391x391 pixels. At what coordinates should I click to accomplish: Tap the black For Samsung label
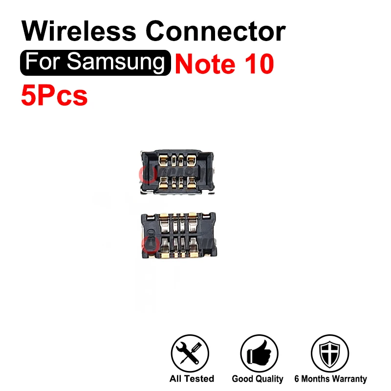(x=95, y=64)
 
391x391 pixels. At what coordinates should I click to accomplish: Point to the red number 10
(x=257, y=65)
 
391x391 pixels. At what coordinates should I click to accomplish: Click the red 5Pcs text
(x=54, y=95)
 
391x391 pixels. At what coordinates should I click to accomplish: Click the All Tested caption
(x=192, y=379)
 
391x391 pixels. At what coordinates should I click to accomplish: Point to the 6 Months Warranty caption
(x=330, y=379)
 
